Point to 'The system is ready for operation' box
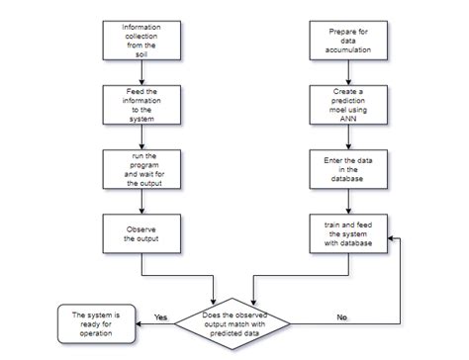(95, 323)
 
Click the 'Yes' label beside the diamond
(161, 316)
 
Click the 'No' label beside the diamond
(340, 316)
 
